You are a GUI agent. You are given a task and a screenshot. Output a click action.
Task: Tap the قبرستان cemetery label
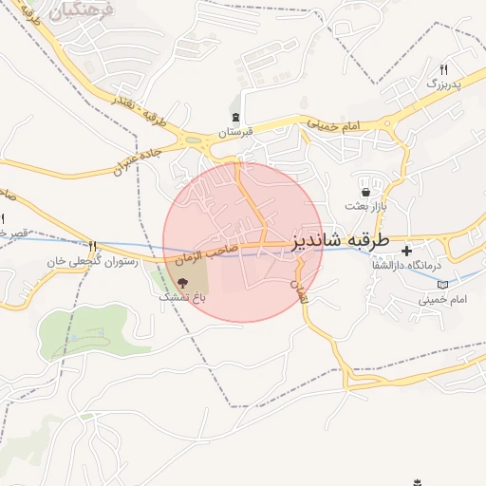coord(237,134)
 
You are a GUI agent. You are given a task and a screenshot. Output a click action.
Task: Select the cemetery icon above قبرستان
coord(236,118)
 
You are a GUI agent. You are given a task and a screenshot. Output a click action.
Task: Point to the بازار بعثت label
coord(364,206)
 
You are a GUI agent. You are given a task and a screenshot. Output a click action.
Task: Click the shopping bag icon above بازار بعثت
coord(364,193)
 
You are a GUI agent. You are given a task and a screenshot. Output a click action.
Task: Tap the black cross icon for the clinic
coord(407,252)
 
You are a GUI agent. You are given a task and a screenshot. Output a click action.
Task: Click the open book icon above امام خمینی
coord(441,285)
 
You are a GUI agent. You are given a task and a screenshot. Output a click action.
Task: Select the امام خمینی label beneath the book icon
coord(442,300)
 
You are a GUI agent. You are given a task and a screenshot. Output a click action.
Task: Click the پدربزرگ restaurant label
coord(442,85)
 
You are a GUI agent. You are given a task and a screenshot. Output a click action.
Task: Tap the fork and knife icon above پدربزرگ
coord(442,70)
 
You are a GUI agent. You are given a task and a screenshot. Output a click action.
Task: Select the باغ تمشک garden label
coord(181,297)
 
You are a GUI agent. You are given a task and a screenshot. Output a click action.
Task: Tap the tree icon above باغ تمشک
coord(182,283)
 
